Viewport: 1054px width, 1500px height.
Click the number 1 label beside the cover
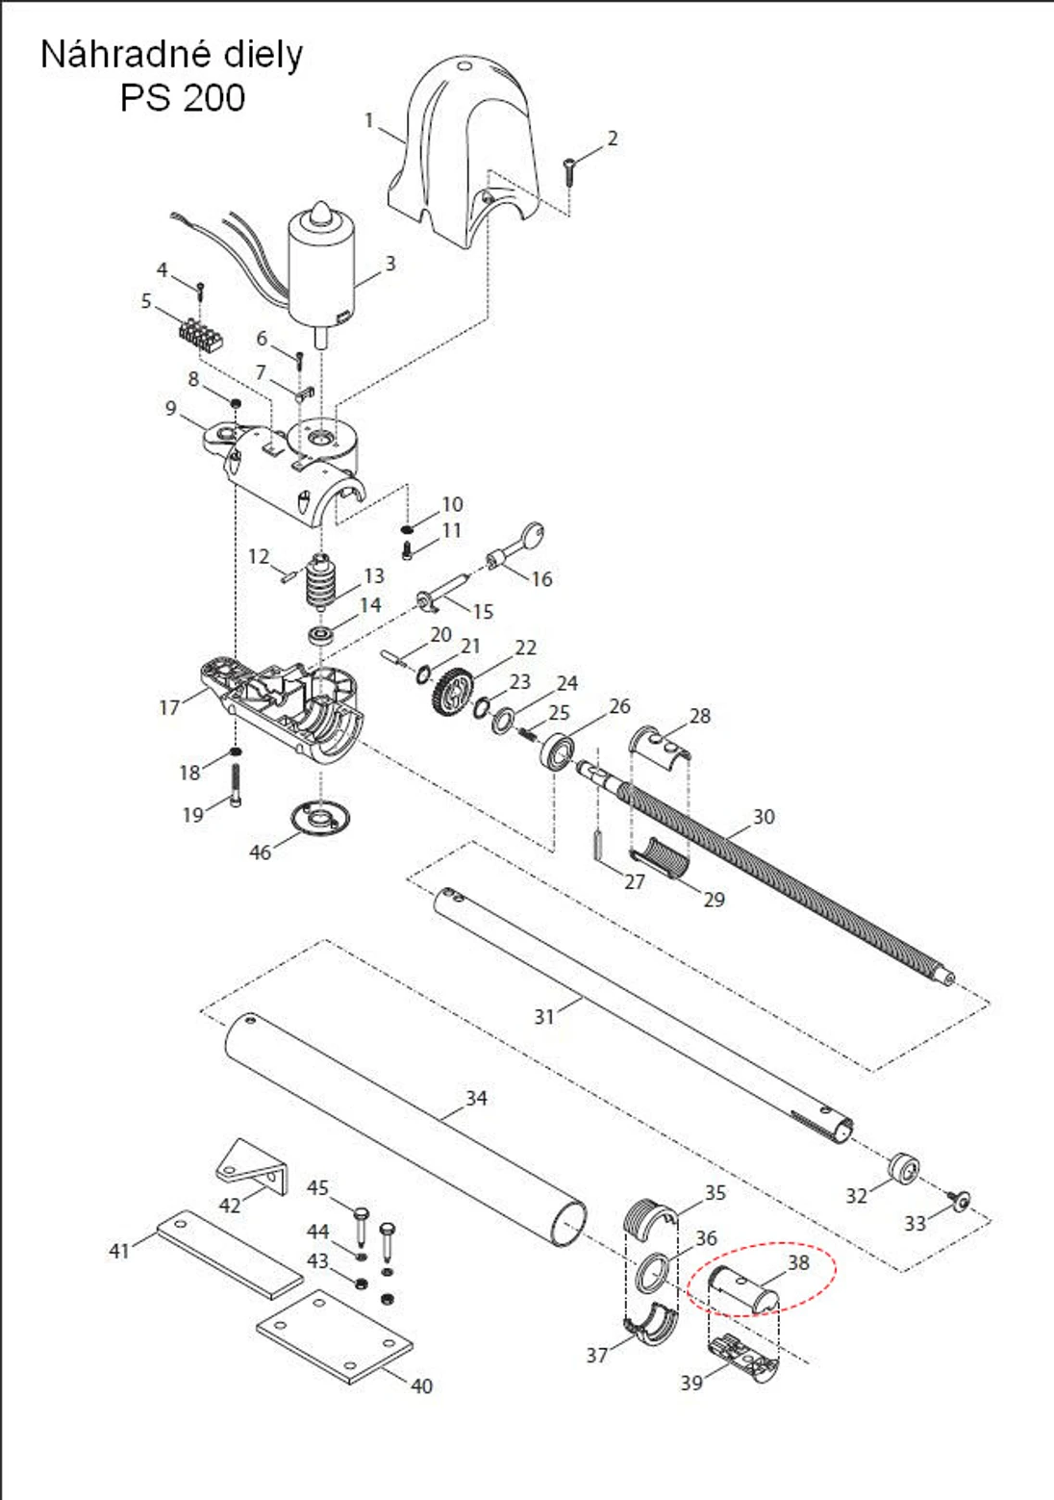pos(368,120)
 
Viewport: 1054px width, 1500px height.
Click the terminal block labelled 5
pos(202,335)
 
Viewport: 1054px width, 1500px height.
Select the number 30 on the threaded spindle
pos(763,817)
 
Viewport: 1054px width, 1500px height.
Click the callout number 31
pos(544,1016)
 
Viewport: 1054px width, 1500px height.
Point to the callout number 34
pos(476,1098)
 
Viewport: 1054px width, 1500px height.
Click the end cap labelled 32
pos(903,1168)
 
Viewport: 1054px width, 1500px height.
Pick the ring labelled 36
pos(653,1274)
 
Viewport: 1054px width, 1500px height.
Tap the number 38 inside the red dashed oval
pos(798,1262)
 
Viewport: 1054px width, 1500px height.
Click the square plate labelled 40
pos(335,1337)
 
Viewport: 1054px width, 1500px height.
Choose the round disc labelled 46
pos(319,819)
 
